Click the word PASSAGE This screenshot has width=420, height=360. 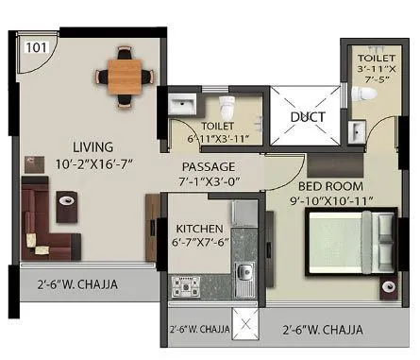coord(209,166)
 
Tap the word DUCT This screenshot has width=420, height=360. coord(308,118)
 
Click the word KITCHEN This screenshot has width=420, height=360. coord(199,229)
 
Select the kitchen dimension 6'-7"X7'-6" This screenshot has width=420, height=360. coord(199,244)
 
